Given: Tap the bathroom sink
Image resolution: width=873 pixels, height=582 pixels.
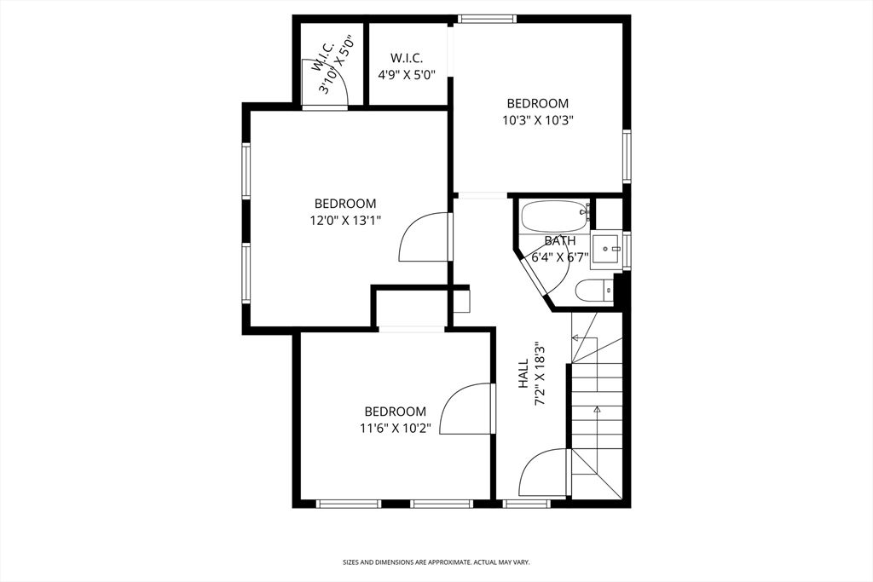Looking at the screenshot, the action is [x=606, y=250].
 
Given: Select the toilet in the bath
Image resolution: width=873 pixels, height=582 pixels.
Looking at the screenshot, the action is [x=593, y=291].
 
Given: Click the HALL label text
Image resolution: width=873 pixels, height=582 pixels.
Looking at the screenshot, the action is [x=523, y=373].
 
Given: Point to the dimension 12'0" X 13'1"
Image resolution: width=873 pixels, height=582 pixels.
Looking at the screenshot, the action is [x=345, y=221].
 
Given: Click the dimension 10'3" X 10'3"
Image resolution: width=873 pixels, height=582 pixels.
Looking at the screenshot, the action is [x=538, y=120].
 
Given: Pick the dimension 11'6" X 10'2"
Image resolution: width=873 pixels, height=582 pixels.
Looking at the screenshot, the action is [x=396, y=429].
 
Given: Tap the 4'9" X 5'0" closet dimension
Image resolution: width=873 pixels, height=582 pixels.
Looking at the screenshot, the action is [x=407, y=74].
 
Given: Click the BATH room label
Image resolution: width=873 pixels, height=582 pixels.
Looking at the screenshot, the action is [x=560, y=241].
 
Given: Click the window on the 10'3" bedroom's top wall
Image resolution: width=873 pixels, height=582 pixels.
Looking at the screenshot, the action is [x=487, y=19].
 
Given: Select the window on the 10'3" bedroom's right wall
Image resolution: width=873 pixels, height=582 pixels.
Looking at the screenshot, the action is [x=627, y=156].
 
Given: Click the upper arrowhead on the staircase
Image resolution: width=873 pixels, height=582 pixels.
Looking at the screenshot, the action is [x=575, y=337].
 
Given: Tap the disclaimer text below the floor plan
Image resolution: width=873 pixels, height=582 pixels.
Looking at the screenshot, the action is [x=436, y=562].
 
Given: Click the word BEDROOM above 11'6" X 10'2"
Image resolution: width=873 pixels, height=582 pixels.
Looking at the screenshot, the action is [x=396, y=412].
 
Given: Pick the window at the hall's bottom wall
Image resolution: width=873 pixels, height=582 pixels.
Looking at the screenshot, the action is [x=527, y=504].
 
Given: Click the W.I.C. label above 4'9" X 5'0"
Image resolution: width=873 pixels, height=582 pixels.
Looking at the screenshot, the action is [x=407, y=58].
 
